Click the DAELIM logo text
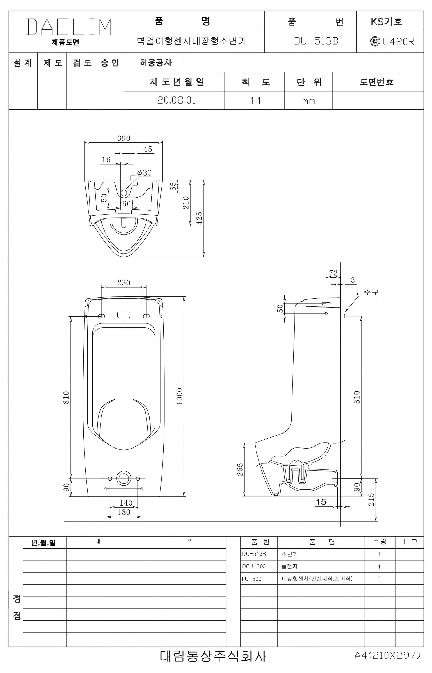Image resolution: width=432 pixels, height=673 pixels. [69, 27]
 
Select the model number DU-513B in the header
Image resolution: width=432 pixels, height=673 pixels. [316, 41]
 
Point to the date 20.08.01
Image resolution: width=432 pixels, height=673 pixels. [176, 100]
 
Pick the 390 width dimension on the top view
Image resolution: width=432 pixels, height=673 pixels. [124, 138]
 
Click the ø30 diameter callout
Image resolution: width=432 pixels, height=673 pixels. [144, 173]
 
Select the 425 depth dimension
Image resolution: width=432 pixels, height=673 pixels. [199, 218]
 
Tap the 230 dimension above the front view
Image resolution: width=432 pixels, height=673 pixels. [124, 282]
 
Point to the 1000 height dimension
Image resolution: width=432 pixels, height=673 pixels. [180, 396]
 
